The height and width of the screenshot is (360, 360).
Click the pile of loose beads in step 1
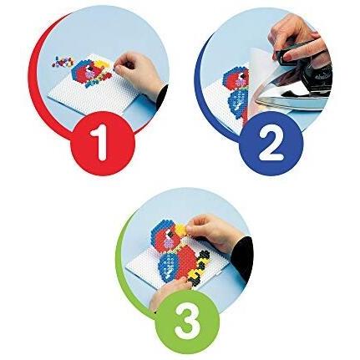pos(63,62)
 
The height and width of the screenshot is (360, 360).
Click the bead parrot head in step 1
pos(84,70)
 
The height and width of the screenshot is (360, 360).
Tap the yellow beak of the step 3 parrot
pos(182,229)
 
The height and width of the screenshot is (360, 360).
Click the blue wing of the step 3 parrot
pos(170,266)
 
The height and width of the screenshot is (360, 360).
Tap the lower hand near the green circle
pos(167,292)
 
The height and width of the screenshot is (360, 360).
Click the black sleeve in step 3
pos(243,257)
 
